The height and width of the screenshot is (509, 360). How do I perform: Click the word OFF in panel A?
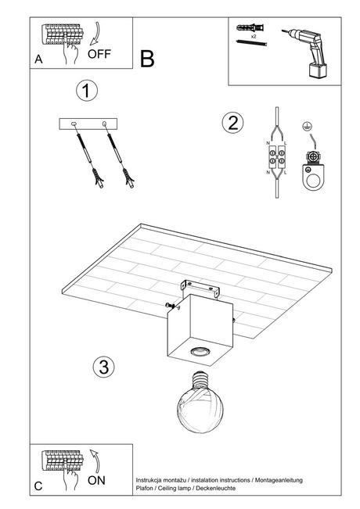click(99, 54)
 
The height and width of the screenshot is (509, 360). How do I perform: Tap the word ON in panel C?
click(96, 480)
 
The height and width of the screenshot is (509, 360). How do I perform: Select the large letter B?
click(147, 59)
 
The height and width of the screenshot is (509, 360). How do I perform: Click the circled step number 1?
click(87, 91)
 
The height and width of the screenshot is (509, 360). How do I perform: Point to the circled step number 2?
click(232, 123)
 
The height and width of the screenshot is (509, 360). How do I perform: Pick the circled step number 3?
click(103, 367)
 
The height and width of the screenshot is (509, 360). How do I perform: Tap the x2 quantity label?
click(254, 37)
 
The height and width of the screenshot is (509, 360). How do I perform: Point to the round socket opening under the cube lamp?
click(198, 351)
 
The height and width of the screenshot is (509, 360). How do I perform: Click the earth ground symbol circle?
click(305, 127)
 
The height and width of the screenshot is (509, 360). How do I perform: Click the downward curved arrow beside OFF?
click(95, 34)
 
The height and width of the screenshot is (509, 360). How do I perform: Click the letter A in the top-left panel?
click(38, 59)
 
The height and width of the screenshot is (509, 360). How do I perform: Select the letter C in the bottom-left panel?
click(38, 486)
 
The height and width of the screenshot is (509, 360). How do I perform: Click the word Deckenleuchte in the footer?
click(216, 488)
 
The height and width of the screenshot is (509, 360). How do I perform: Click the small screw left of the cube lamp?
click(172, 306)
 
